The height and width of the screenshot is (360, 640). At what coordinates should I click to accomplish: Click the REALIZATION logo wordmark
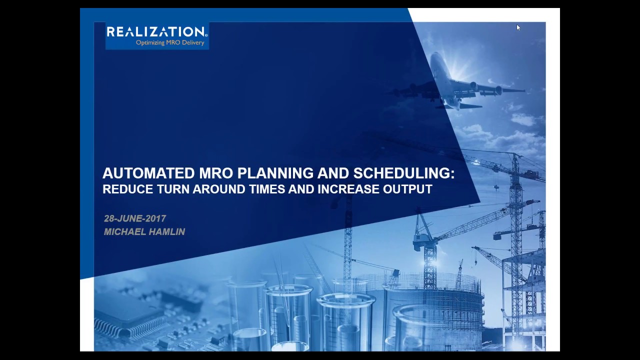pyautogui.click(x=156, y=32)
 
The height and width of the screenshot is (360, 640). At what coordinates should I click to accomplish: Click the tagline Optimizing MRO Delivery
pyautogui.click(x=170, y=43)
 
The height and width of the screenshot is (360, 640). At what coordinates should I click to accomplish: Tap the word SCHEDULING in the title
pyautogui.click(x=403, y=173)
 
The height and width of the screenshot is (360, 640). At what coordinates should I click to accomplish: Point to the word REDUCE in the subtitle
pyautogui.click(x=123, y=189)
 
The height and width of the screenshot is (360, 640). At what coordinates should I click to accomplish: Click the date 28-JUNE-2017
pyautogui.click(x=135, y=218)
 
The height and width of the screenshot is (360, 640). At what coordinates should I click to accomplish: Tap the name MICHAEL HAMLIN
pyautogui.click(x=144, y=232)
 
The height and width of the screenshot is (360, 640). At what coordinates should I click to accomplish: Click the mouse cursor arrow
pyautogui.click(x=518, y=28)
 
